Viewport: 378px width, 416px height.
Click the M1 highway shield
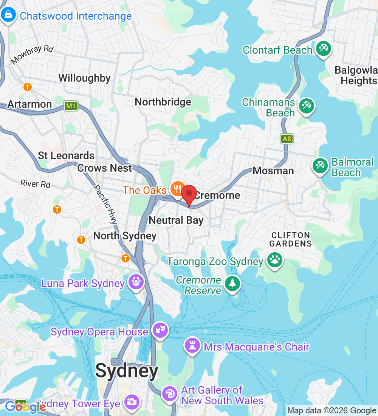pyautogui.click(x=71, y=106)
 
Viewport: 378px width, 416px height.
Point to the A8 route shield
pyautogui.click(x=287, y=139)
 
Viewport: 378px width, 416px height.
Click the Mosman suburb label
pyautogui.click(x=273, y=171)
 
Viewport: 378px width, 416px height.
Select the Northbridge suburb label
pyautogui.click(x=163, y=102)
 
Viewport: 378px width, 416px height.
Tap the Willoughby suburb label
pyautogui.click(x=84, y=78)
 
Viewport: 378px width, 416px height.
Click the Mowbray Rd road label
pyautogui.click(x=33, y=54)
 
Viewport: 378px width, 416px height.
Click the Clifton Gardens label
pyautogui.click(x=290, y=239)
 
